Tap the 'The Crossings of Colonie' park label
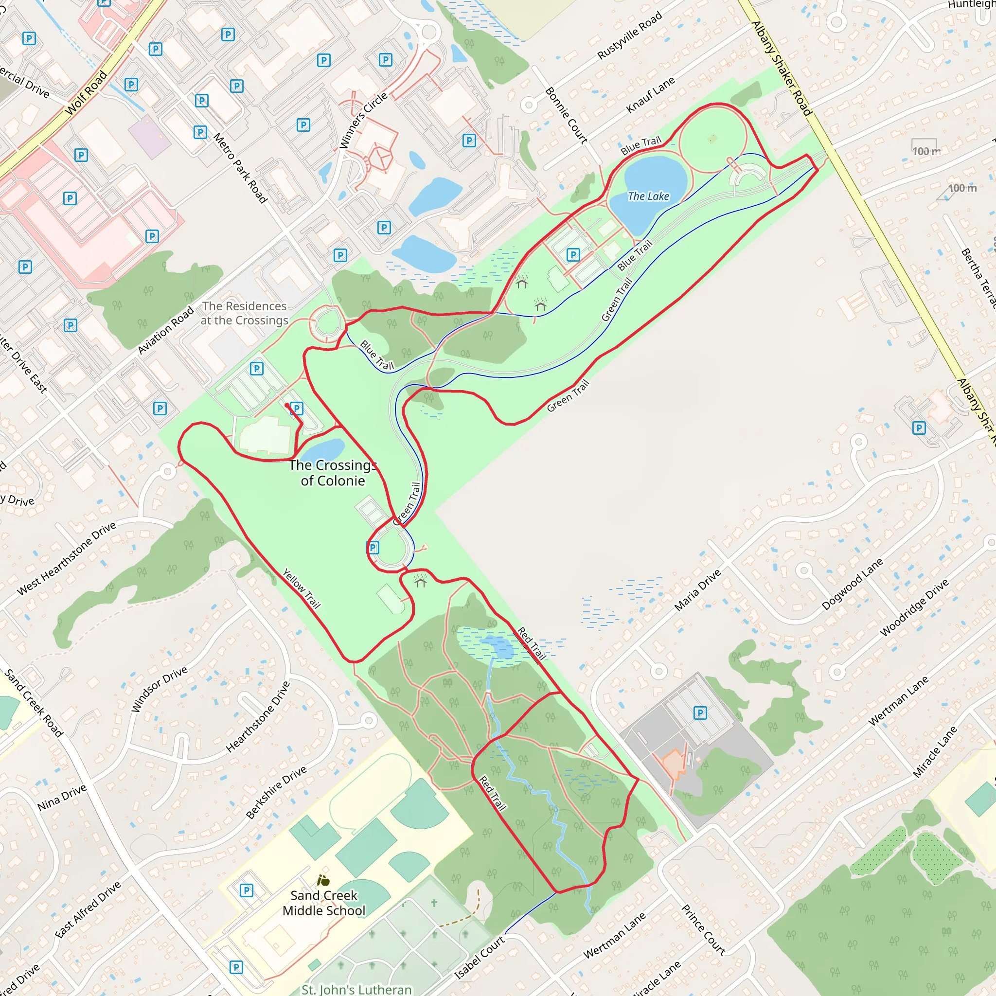click(x=333, y=473)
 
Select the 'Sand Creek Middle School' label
click(x=324, y=903)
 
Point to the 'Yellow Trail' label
click(x=302, y=588)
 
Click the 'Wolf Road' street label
click(x=86, y=93)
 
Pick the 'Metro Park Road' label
click(x=240, y=168)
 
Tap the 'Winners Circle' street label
click(x=363, y=120)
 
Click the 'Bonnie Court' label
click(x=566, y=115)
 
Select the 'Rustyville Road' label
click(x=629, y=36)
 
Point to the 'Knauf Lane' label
click(x=650, y=95)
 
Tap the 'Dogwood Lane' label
click(x=852, y=584)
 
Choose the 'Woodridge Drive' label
click(x=914, y=607)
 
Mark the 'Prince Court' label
click(x=703, y=929)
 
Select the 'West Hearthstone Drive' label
click(x=67, y=559)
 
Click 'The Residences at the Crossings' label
click(x=244, y=313)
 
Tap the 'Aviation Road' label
click(x=165, y=330)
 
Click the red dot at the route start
click(x=287, y=406)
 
